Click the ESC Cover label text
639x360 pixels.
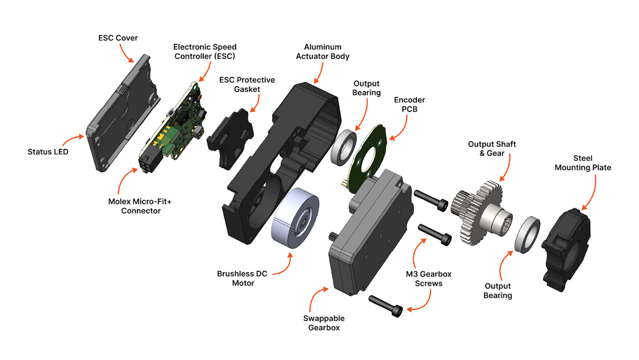click(x=118, y=38)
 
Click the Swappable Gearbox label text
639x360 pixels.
click(x=326, y=323)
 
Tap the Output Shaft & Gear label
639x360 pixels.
click(x=492, y=149)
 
